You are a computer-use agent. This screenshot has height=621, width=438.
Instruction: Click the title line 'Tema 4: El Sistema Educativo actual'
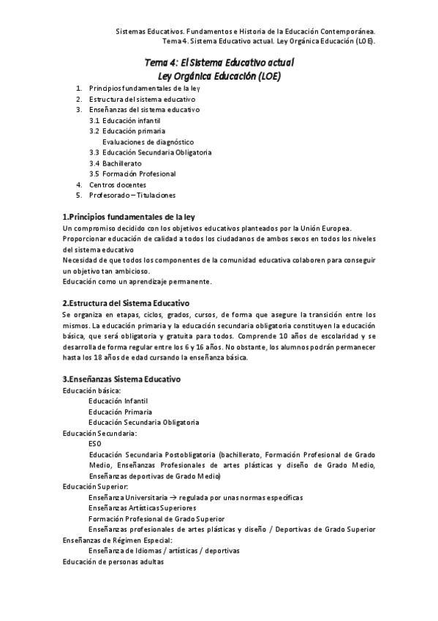point(219,64)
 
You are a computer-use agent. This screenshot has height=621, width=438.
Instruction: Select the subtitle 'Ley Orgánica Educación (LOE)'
point(219,76)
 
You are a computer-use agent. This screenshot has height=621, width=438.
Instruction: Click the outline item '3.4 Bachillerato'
point(116,163)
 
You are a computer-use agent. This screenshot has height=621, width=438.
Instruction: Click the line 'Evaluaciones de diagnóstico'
point(148,141)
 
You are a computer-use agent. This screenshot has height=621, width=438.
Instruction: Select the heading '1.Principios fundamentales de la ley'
point(128,217)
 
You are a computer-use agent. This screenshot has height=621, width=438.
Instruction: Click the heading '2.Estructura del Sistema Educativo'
point(126,302)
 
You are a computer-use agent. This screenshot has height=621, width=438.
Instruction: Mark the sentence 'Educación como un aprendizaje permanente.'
point(137,281)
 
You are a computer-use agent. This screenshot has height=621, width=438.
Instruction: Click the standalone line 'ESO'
point(94,444)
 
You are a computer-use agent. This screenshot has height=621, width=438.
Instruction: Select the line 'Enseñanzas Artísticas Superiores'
point(142,508)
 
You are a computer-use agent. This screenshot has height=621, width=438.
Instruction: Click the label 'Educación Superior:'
point(96,487)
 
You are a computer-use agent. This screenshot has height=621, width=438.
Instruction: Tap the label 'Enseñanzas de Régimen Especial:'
point(118,540)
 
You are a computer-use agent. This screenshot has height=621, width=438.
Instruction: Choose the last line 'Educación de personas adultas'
point(113,562)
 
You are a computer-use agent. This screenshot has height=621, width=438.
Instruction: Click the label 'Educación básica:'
point(91,390)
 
